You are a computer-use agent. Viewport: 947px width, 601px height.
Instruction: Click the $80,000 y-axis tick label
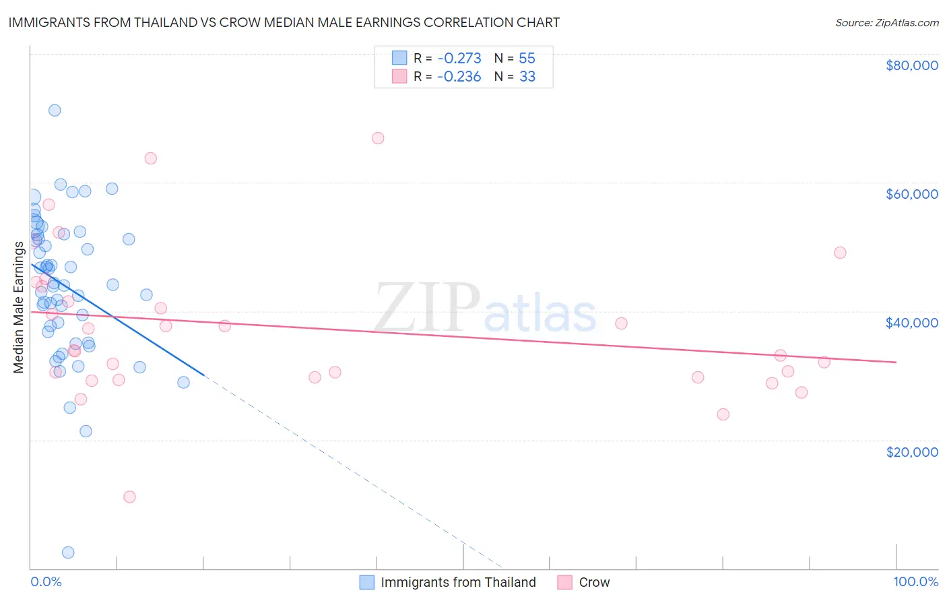click(x=911, y=65)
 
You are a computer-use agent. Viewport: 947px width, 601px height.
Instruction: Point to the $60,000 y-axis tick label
click(x=911, y=194)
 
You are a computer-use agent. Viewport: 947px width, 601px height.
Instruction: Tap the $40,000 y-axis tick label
click(x=911, y=323)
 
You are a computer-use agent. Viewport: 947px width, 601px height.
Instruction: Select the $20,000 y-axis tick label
click(x=911, y=451)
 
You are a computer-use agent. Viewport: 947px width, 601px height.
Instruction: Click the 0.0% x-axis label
click(x=46, y=581)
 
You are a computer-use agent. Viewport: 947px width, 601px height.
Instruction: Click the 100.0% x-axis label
click(x=915, y=581)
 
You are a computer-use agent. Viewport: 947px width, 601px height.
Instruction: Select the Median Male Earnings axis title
click(x=19, y=307)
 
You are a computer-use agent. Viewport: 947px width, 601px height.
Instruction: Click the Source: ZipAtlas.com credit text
click(x=886, y=23)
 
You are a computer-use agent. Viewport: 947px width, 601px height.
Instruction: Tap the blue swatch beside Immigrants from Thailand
click(x=366, y=582)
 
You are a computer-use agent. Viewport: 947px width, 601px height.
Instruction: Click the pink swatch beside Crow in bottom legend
click(x=564, y=582)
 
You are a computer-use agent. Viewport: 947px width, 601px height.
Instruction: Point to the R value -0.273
click(x=459, y=58)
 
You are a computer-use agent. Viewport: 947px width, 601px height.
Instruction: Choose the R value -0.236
click(x=459, y=77)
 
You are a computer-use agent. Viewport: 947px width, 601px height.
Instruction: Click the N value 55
click(x=527, y=58)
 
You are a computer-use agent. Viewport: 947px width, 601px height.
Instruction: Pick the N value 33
click(x=527, y=77)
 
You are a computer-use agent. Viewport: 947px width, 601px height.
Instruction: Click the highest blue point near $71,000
click(x=55, y=110)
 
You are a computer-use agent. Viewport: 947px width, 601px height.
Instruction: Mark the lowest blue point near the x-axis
click(x=68, y=552)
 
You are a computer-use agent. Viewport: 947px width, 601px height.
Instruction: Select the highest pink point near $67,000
click(x=378, y=138)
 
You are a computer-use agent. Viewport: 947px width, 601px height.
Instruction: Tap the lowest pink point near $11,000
click(x=130, y=497)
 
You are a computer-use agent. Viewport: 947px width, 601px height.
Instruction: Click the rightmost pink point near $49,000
click(x=840, y=253)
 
